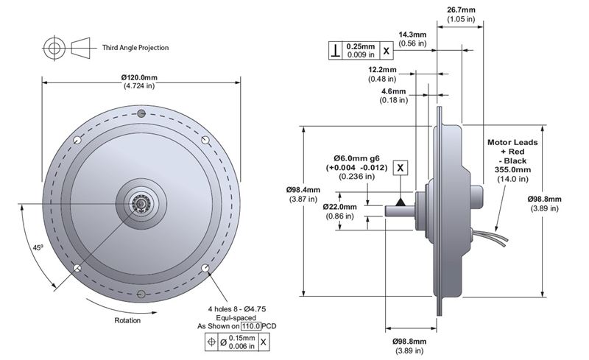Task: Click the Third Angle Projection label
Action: (135, 48)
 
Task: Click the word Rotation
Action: (127, 320)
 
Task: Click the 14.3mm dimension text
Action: (412, 35)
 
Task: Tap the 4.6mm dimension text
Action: (392, 91)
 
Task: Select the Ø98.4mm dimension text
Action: (303, 190)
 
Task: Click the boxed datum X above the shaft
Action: (400, 168)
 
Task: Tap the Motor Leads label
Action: (514, 142)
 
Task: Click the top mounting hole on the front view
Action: (142, 112)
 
